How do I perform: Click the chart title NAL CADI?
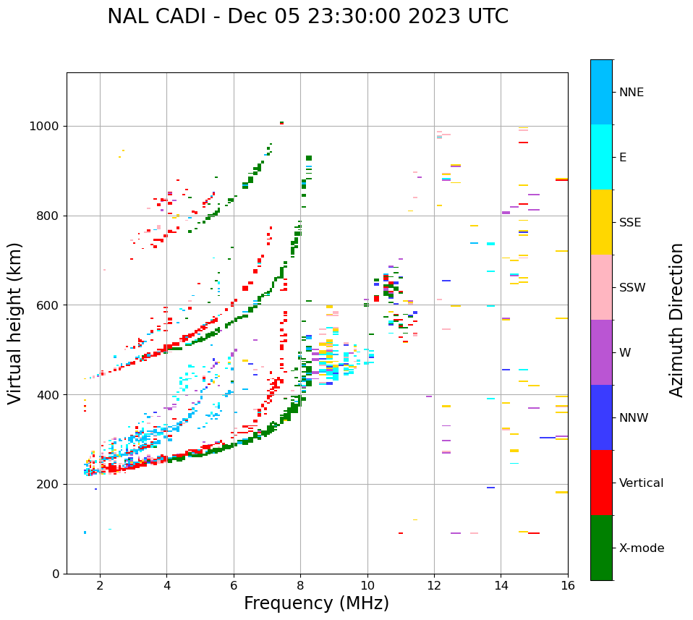(x=307, y=17)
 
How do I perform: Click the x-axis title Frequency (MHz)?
(x=316, y=603)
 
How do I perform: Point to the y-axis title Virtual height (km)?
(x=15, y=323)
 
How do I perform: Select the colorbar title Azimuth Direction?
(x=676, y=320)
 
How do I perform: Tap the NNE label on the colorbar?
(x=631, y=93)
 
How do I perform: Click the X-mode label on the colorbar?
(x=641, y=548)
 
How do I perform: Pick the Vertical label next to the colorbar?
(x=641, y=483)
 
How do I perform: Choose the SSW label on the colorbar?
(x=632, y=288)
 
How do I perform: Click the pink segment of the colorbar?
(x=601, y=287)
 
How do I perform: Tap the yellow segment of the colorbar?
(x=601, y=222)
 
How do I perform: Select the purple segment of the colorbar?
(x=601, y=352)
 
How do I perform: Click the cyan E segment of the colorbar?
(x=601, y=157)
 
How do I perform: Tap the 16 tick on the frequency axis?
(x=568, y=585)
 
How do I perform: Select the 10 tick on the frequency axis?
(x=367, y=585)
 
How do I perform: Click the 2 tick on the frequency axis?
(x=100, y=585)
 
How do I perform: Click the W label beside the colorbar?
(x=625, y=353)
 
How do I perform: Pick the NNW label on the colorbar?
(x=634, y=418)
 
